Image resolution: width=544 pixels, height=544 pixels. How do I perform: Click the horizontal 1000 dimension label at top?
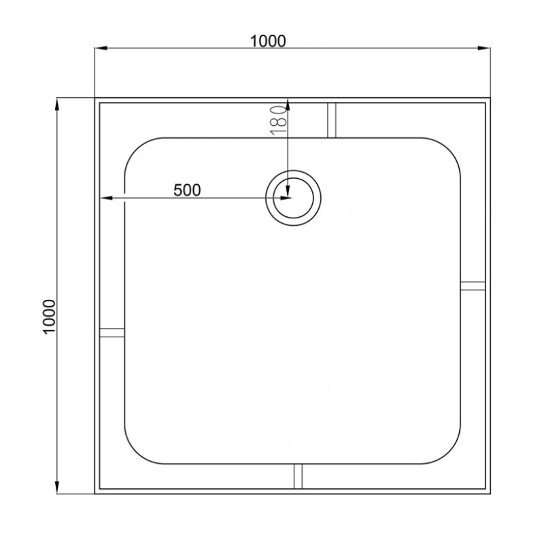click(268, 41)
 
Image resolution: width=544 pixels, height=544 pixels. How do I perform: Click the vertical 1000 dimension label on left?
click(49, 316)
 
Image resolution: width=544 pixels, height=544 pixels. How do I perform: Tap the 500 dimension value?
click(187, 190)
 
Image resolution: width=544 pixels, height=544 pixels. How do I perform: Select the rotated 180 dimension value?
click(278, 120)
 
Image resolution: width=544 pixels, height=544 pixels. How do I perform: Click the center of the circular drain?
click(293, 198)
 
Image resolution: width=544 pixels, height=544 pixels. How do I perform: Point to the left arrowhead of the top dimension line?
click(101, 48)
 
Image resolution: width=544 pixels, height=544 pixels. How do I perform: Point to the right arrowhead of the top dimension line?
click(484, 48)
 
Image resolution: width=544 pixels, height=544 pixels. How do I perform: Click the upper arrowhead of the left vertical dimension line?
click(57, 105)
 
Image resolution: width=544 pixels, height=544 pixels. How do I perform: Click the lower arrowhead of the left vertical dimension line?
click(57, 487)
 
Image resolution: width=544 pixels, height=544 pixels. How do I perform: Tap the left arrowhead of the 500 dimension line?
click(106, 198)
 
